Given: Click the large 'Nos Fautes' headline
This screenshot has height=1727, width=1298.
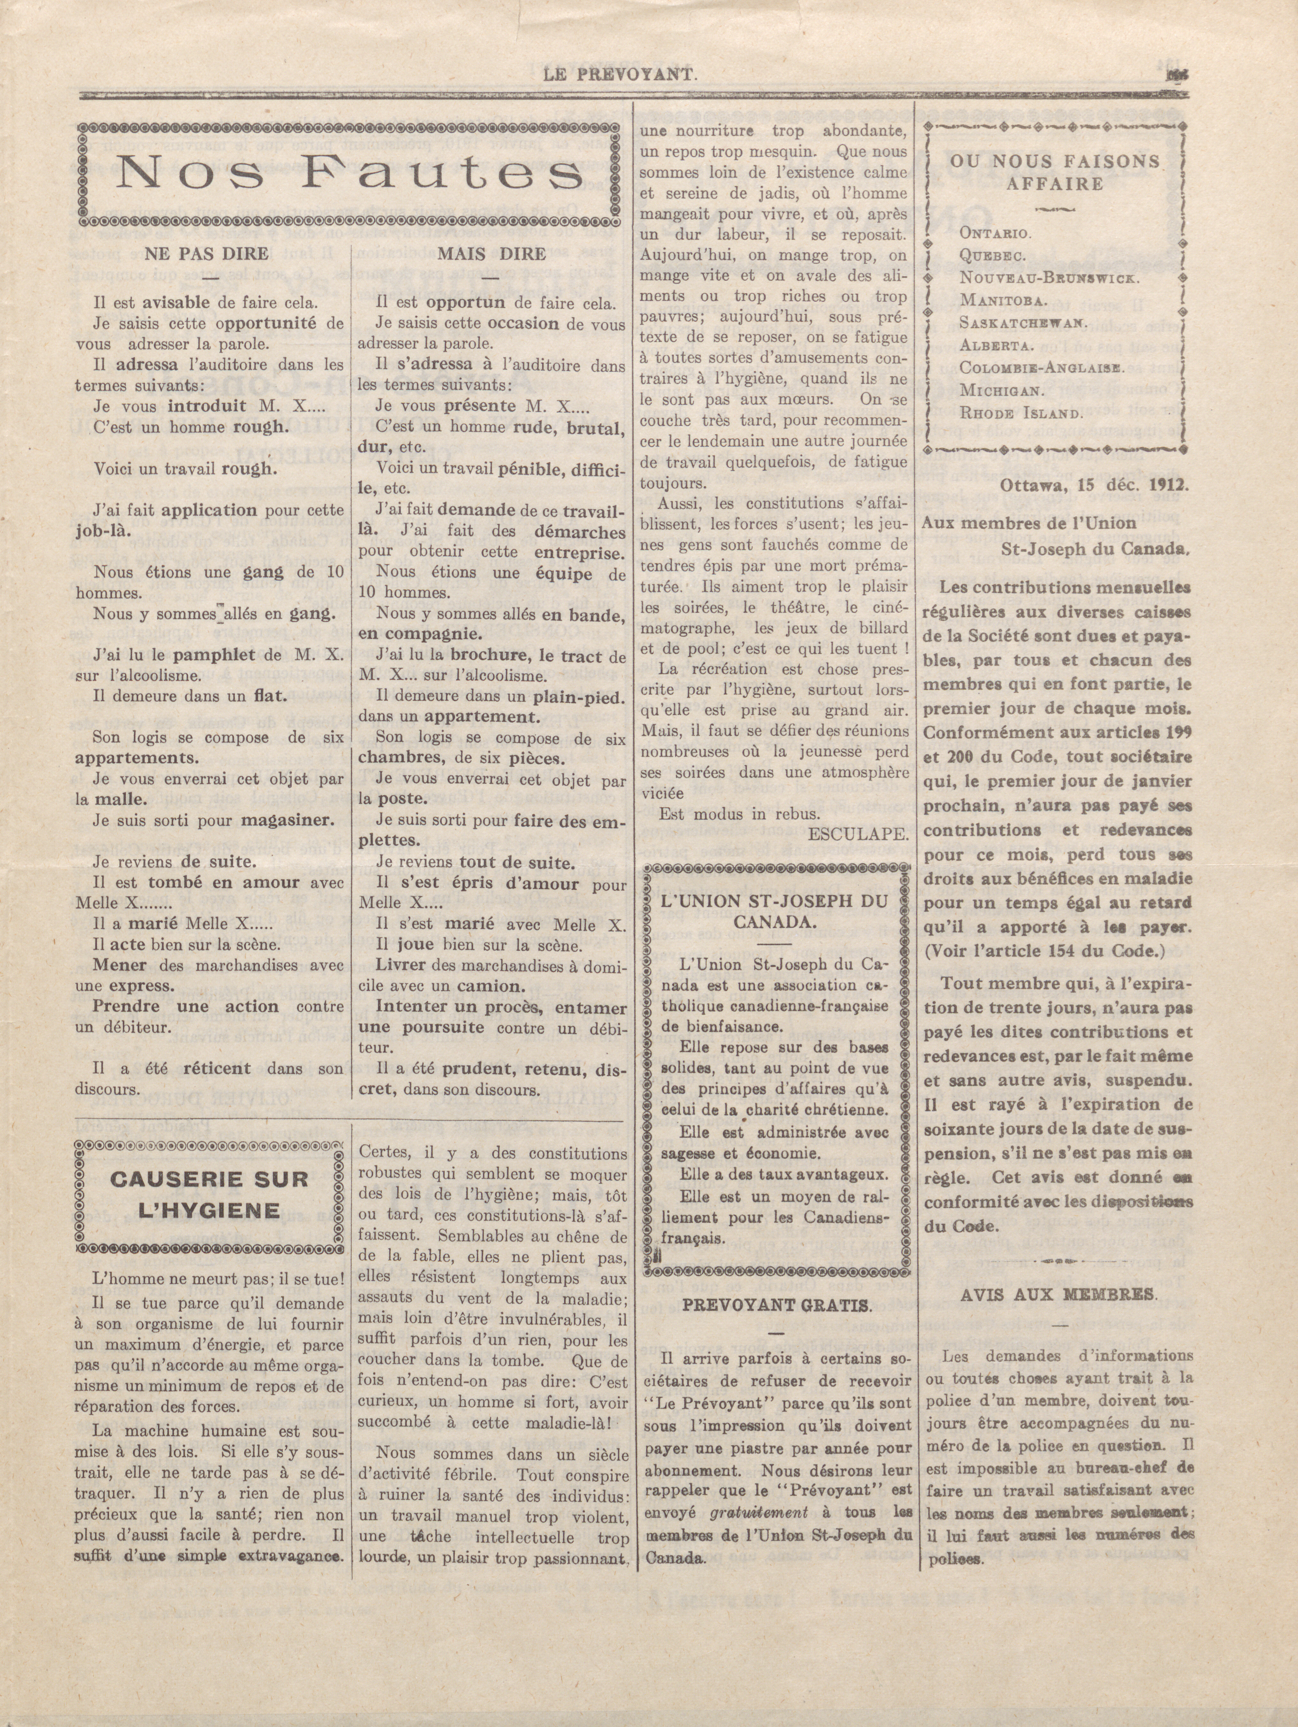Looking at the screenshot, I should click(349, 173).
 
